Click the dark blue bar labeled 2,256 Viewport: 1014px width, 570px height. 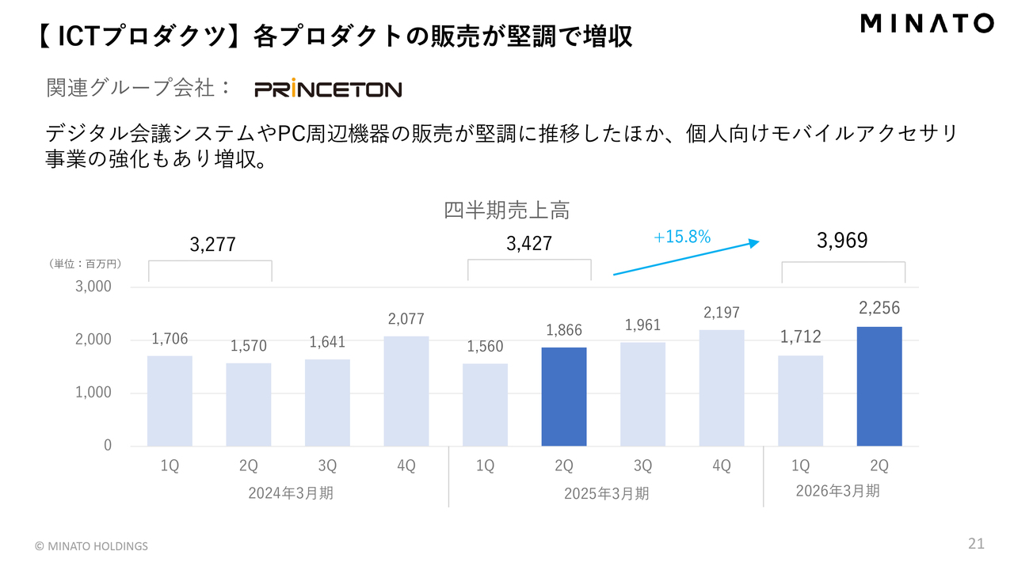[879, 386]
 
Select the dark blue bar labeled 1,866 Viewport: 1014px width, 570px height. [564, 397]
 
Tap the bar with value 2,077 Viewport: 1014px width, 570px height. [406, 391]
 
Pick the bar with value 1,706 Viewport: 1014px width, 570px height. [170, 401]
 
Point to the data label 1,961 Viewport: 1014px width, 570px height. [642, 325]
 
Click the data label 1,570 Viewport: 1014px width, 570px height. [249, 346]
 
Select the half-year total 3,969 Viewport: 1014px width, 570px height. [842, 241]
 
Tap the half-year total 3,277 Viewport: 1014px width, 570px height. [213, 245]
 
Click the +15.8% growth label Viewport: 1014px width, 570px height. [682, 237]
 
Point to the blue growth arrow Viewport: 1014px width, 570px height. [686, 259]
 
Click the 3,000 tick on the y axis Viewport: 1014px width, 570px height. [93, 287]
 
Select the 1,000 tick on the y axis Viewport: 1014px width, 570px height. [93, 393]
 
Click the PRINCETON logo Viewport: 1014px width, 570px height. [328, 89]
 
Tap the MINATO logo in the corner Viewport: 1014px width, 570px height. [926, 24]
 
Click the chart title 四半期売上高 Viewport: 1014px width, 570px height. [507, 211]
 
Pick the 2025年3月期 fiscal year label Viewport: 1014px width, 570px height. [606, 493]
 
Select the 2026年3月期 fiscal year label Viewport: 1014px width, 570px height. [837, 491]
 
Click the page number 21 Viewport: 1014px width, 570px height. [976, 544]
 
